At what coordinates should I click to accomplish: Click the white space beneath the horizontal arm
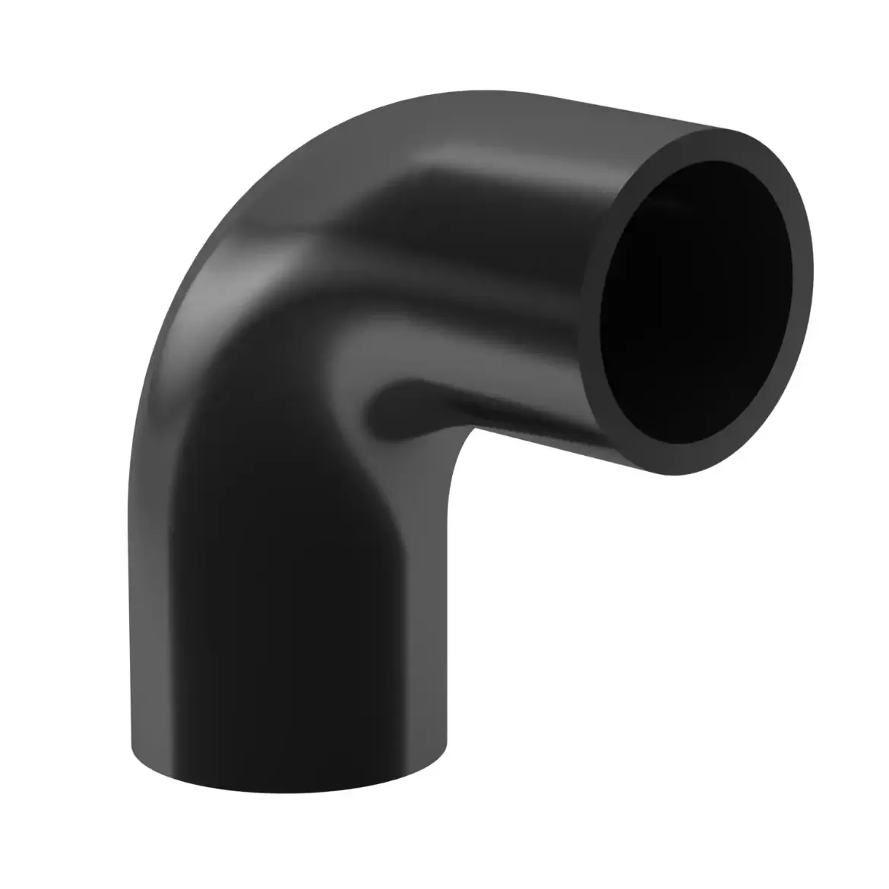tap(646, 646)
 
